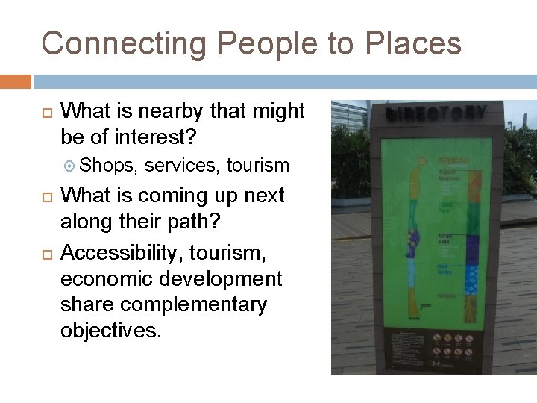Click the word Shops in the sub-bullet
[x=107, y=165]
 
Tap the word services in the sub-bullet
[x=182, y=165]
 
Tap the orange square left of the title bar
[x=16, y=81]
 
